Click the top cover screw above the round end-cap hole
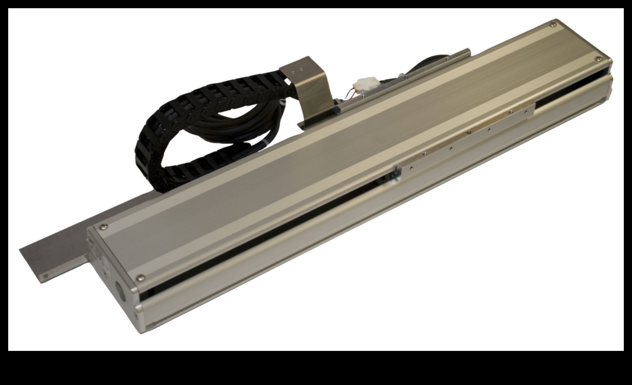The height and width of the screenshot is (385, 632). [x=142, y=278]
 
